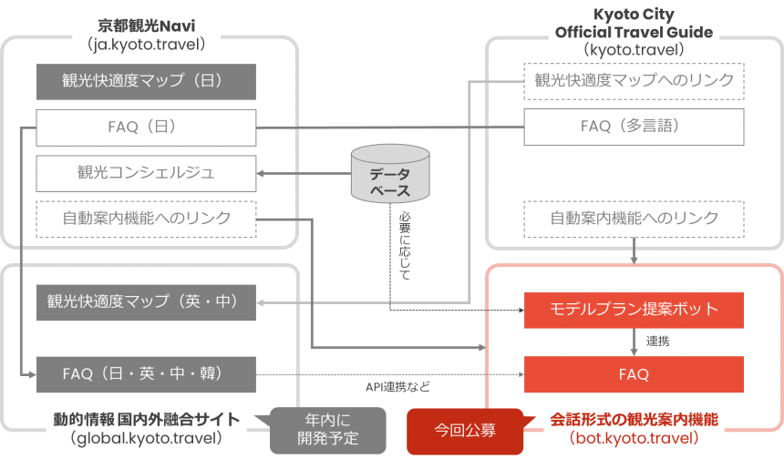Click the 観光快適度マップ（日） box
tap(146, 81)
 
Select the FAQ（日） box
tap(146, 127)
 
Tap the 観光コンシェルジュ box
tap(146, 172)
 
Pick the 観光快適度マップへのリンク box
tap(634, 81)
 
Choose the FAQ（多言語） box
tap(634, 127)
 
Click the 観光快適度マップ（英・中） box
tap(146, 301)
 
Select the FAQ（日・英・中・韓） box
tap(146, 373)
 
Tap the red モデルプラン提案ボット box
tap(634, 310)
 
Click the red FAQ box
tap(634, 373)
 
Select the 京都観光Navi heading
tap(146, 24)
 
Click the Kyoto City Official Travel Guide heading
tap(634, 25)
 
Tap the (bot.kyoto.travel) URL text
tap(634, 438)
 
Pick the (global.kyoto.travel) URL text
tap(146, 438)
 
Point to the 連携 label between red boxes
tap(658, 342)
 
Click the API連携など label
tap(397, 387)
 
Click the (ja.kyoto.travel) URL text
tap(146, 43)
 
